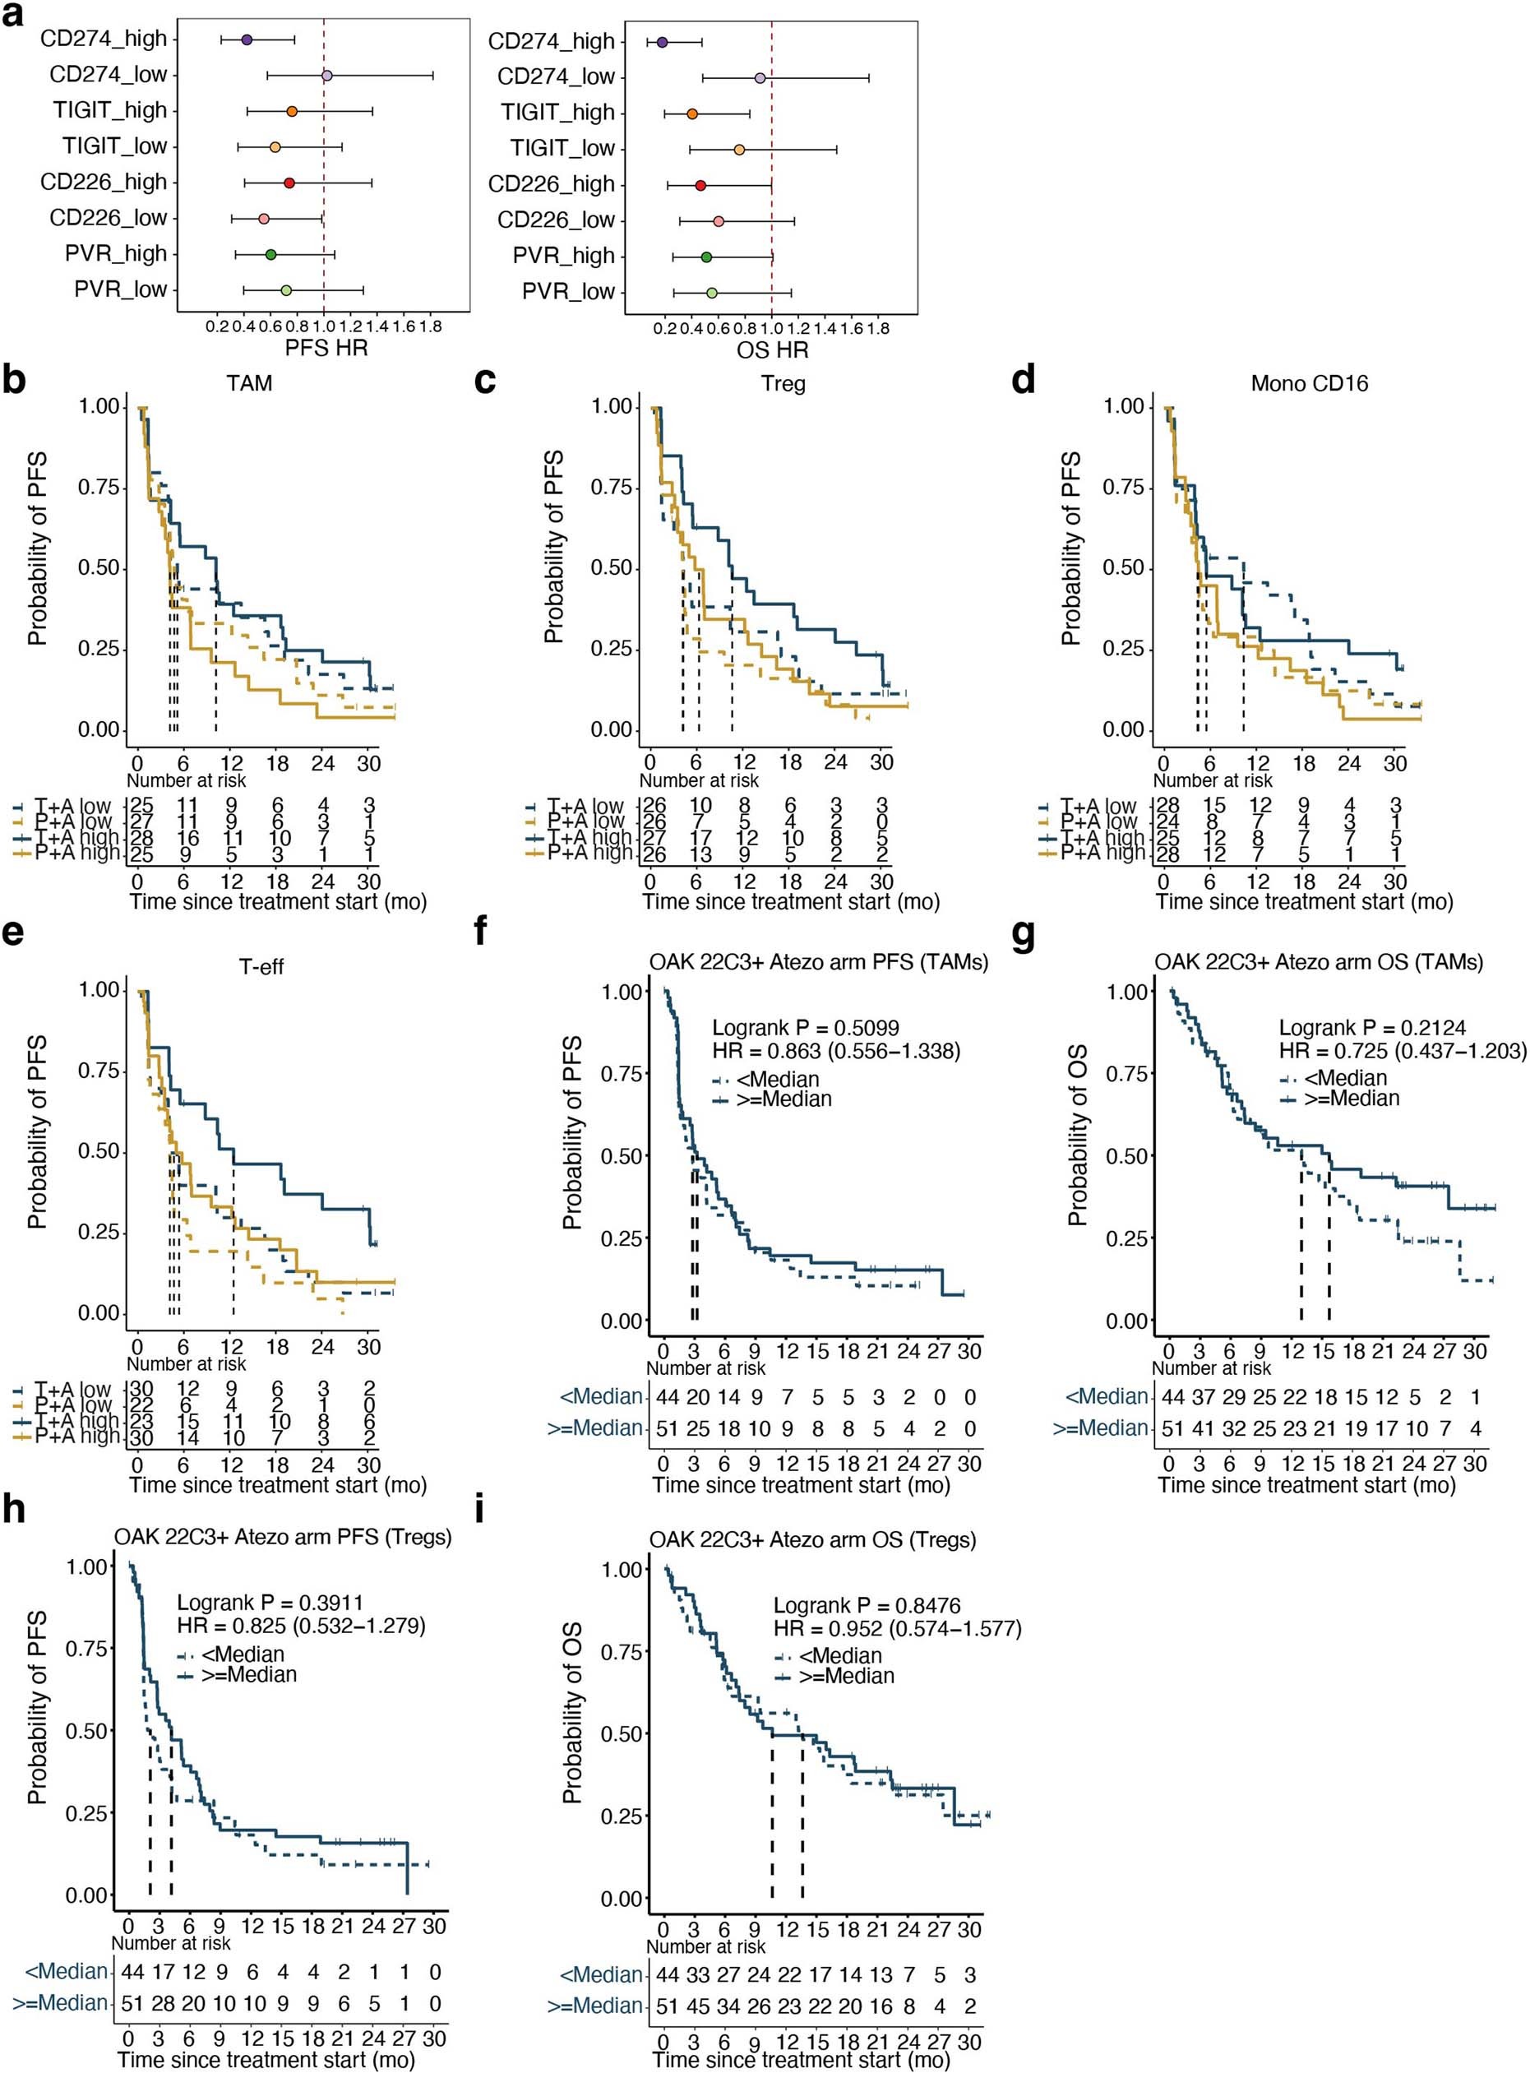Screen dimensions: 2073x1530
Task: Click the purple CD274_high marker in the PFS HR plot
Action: (247, 39)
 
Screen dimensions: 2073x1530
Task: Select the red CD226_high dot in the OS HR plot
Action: (700, 185)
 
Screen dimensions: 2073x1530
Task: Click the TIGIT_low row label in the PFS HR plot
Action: (115, 146)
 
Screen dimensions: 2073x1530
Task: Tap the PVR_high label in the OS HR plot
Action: (564, 256)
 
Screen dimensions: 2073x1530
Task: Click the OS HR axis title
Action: (773, 350)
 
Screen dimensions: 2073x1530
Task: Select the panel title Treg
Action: (783, 383)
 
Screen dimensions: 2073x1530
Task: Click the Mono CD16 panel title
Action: (1309, 383)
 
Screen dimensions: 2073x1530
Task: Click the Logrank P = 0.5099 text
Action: (805, 1028)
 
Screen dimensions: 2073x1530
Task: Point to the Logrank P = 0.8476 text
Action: (866, 1605)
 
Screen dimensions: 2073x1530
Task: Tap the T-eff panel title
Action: (261, 967)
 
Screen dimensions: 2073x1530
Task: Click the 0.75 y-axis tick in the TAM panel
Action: (100, 488)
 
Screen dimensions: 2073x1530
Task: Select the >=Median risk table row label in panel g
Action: (1100, 1428)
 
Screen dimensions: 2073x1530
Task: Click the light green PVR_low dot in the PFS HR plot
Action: (286, 291)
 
